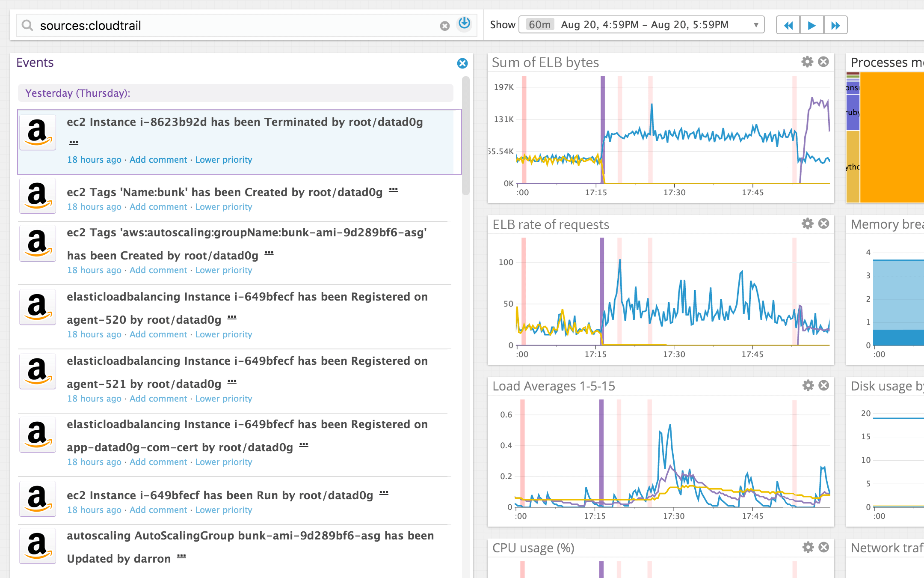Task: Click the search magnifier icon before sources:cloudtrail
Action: click(27, 25)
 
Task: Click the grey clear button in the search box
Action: click(445, 26)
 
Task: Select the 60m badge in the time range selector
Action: click(539, 25)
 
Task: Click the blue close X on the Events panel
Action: click(462, 63)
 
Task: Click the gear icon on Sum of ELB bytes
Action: click(807, 62)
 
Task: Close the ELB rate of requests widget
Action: click(823, 223)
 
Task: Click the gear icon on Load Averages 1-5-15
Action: click(808, 385)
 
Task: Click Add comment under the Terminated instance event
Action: click(158, 160)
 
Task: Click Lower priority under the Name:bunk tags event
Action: click(223, 207)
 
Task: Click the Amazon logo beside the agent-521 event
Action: click(38, 371)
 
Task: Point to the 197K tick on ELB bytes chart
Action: click(503, 87)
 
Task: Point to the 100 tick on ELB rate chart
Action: click(506, 262)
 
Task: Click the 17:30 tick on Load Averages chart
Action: click(673, 516)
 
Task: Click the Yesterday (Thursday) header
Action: click(77, 93)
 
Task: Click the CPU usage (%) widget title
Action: click(533, 548)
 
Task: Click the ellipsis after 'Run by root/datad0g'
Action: click(384, 493)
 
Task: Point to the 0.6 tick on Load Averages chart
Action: click(506, 414)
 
